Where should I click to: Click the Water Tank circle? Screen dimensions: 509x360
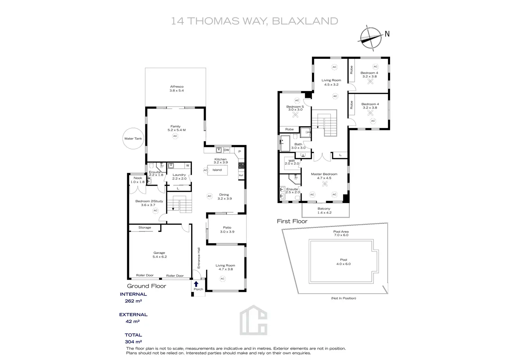(133, 138)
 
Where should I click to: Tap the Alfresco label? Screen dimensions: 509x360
(177, 87)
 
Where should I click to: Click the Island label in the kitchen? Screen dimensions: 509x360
(217, 170)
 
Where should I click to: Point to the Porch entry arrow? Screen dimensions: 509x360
(196, 284)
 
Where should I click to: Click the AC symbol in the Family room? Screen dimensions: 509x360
(175, 136)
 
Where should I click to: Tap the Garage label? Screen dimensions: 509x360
(159, 253)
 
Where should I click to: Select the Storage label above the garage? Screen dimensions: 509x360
(145, 228)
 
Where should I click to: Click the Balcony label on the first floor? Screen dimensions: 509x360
(324, 209)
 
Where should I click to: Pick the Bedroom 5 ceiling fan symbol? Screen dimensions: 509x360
(295, 115)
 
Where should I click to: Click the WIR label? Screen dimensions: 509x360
(292, 161)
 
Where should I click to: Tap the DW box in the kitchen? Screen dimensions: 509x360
(226, 150)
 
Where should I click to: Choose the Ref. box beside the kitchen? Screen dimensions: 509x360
(241, 175)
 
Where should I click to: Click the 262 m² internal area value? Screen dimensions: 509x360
(133, 301)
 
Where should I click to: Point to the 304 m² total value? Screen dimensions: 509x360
(133, 342)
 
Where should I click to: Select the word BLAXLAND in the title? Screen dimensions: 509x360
(305, 21)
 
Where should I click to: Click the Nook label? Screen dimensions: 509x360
(138, 178)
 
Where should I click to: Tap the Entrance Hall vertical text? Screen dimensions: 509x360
(199, 258)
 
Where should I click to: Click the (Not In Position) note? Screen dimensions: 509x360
(343, 298)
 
